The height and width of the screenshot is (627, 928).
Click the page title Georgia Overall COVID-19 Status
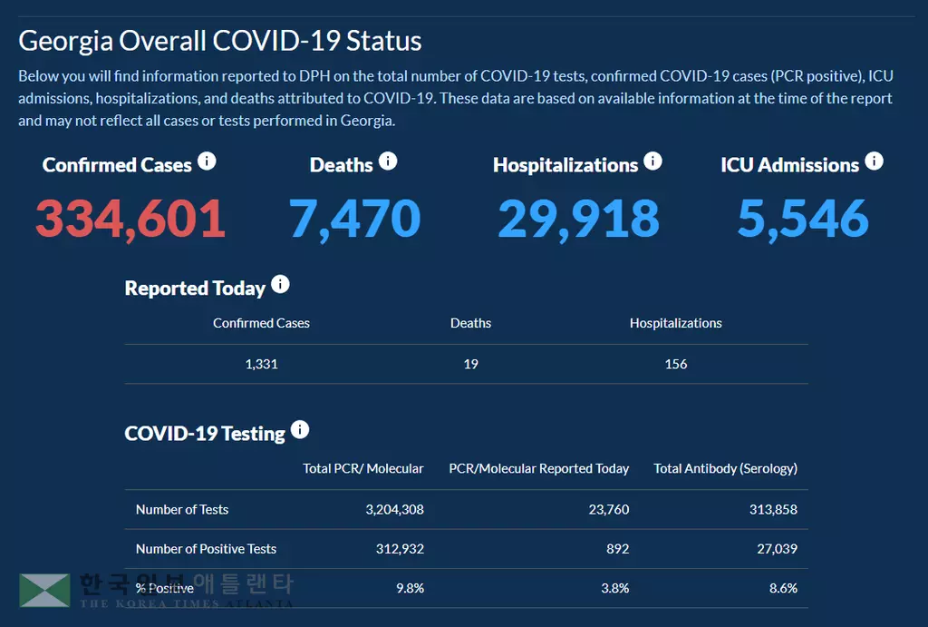coord(219,41)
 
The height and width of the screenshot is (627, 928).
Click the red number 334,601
coord(130,219)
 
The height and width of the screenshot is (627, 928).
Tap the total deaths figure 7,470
coord(354,219)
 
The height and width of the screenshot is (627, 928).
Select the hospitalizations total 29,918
coord(578,219)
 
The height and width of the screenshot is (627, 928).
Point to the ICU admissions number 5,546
coord(803,219)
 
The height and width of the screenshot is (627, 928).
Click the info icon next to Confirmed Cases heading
coord(207,162)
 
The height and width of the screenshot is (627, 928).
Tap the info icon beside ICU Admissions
coord(874,162)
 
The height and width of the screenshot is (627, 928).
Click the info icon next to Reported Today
coord(280,285)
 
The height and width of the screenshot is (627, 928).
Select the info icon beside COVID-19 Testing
coord(300,430)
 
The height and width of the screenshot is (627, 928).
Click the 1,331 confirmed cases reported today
coord(261,364)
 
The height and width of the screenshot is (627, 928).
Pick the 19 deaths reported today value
coord(470,364)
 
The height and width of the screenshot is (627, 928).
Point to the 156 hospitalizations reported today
coord(676,364)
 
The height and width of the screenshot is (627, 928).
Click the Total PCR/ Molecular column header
coord(362,468)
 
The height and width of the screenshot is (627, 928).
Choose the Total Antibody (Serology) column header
coord(725,468)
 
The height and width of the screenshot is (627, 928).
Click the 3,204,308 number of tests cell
coord(394,509)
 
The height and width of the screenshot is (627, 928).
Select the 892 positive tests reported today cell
coord(616,549)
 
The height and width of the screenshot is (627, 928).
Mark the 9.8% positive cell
coord(410,588)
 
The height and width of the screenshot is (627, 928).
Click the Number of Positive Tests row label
coord(206,549)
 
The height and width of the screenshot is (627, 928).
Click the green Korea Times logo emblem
coord(44,590)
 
